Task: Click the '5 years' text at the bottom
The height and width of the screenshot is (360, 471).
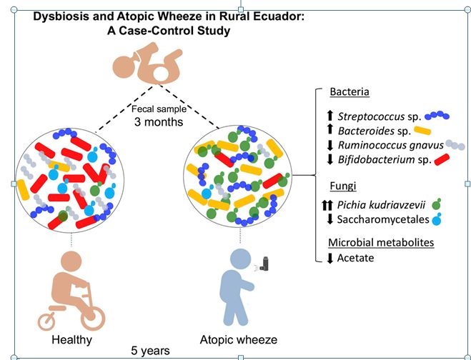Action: coord(150,350)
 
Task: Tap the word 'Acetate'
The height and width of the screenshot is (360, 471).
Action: coord(357,258)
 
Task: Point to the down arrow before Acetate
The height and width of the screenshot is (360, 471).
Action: coord(329,258)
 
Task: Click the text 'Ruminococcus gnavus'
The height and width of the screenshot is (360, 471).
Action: coord(382,145)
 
